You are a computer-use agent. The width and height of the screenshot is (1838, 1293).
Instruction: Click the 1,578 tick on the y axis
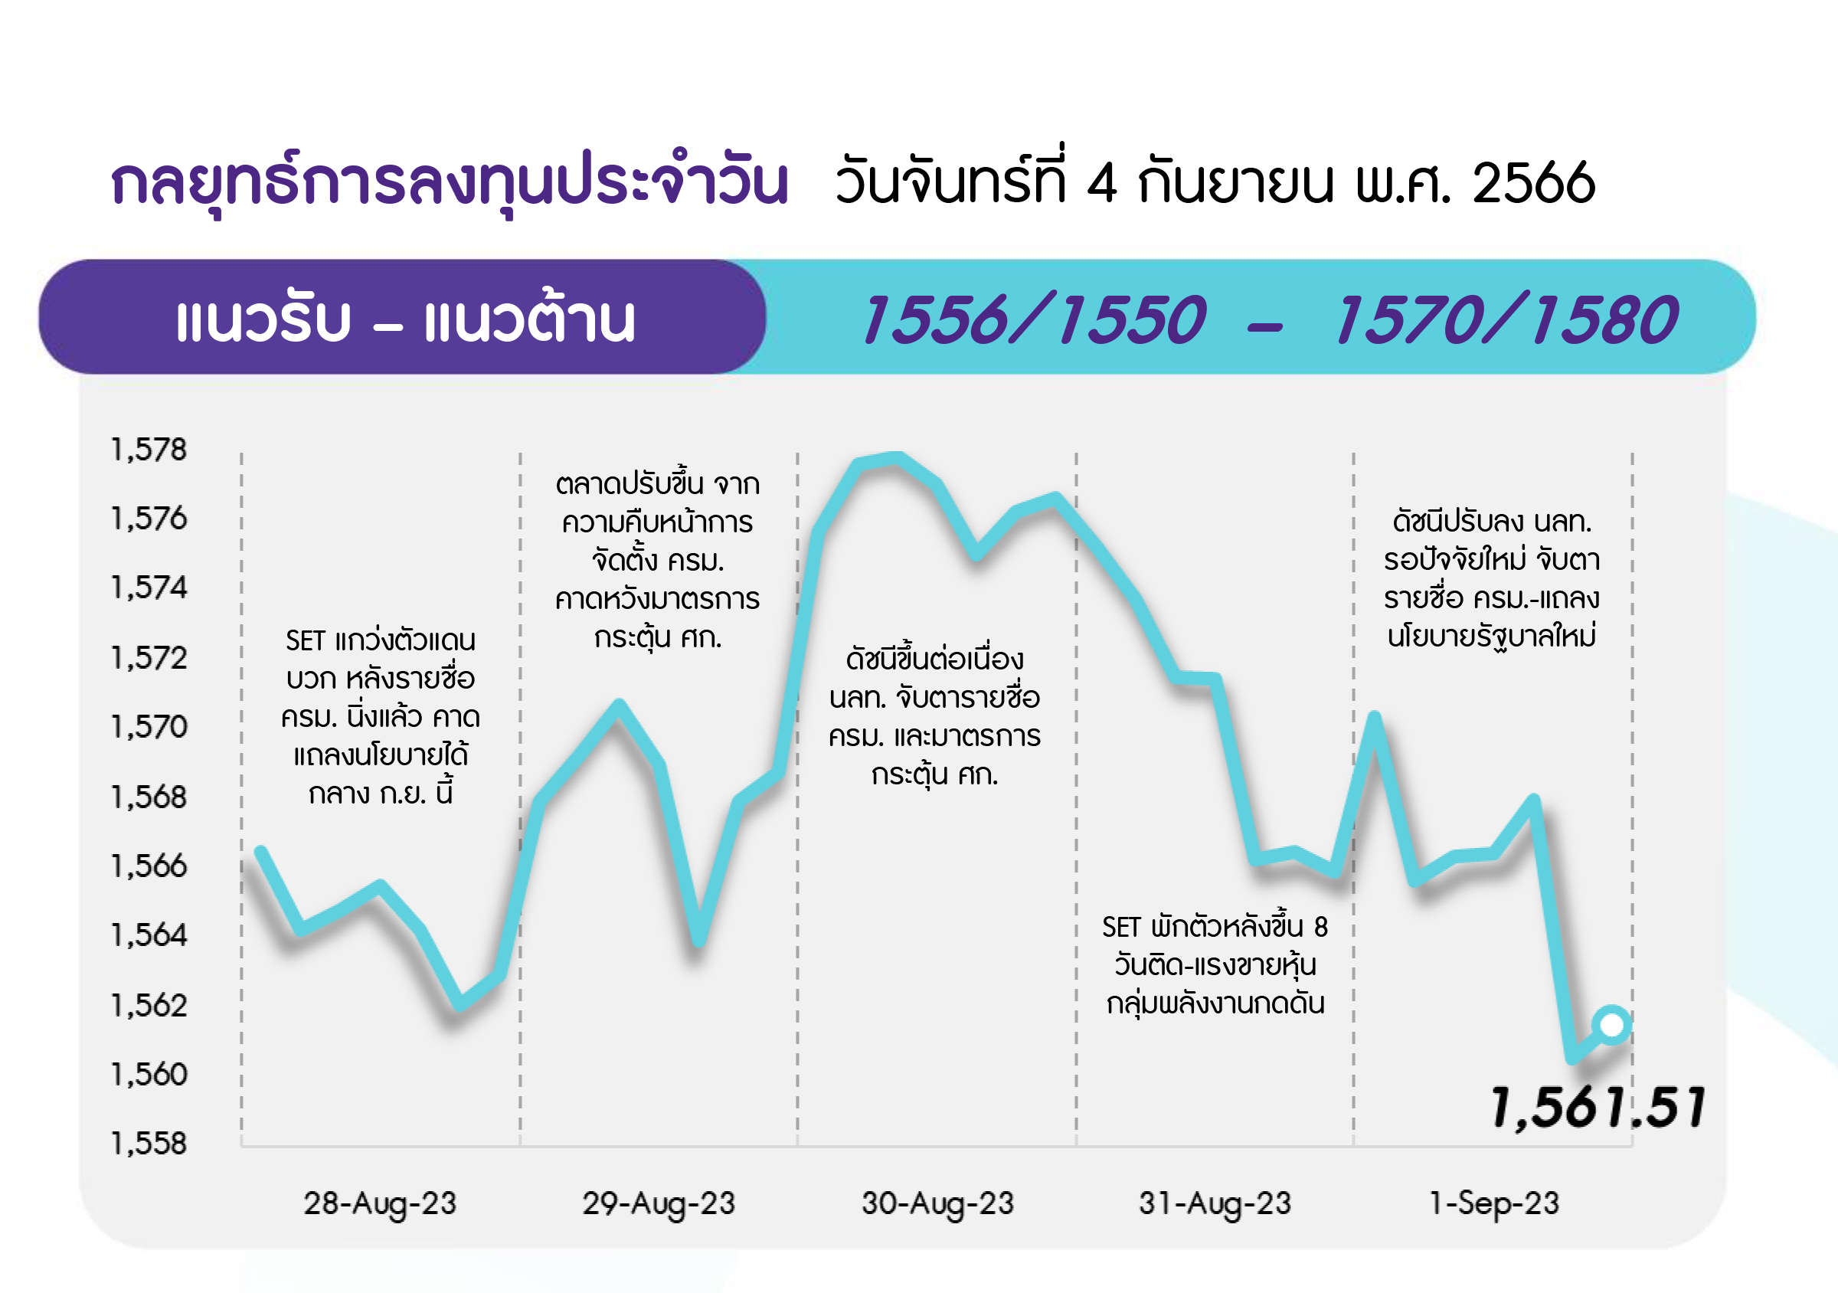click(x=149, y=450)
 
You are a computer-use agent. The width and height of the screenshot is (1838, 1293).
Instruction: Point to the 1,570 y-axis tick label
click(x=149, y=727)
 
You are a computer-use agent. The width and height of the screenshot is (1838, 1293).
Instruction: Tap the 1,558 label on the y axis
click(x=149, y=1144)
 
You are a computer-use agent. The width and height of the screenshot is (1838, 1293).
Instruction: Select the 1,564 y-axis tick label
click(x=149, y=935)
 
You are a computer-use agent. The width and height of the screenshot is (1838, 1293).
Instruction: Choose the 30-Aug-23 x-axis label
click(x=937, y=1204)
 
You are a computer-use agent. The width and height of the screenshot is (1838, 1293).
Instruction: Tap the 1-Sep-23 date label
click(x=1494, y=1204)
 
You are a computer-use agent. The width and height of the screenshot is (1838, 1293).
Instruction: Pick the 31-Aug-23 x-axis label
click(x=1215, y=1204)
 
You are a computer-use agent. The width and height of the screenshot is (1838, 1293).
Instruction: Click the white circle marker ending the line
click(x=1611, y=1024)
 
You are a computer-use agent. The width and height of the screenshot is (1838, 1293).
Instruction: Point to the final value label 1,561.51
click(x=1598, y=1108)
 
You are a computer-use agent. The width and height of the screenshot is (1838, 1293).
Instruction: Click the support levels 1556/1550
click(x=1033, y=319)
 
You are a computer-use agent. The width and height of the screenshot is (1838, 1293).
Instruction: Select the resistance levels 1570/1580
click(x=1506, y=319)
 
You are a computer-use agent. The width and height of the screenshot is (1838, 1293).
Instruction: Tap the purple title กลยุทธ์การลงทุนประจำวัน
click(x=450, y=182)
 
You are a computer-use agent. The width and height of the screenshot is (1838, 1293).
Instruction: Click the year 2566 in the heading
click(x=1534, y=183)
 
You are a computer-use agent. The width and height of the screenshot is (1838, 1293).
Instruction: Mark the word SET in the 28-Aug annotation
click(x=305, y=640)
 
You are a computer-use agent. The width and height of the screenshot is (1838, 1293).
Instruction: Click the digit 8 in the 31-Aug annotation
click(x=1320, y=927)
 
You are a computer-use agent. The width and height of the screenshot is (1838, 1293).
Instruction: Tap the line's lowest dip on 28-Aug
click(x=459, y=1003)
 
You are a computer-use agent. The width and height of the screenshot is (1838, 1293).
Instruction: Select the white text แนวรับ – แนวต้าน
click(x=405, y=319)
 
